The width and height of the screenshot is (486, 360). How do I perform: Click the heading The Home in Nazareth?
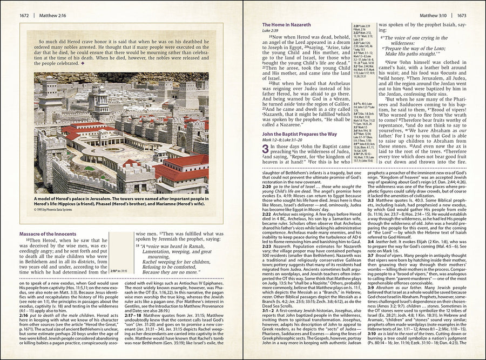[286, 25]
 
